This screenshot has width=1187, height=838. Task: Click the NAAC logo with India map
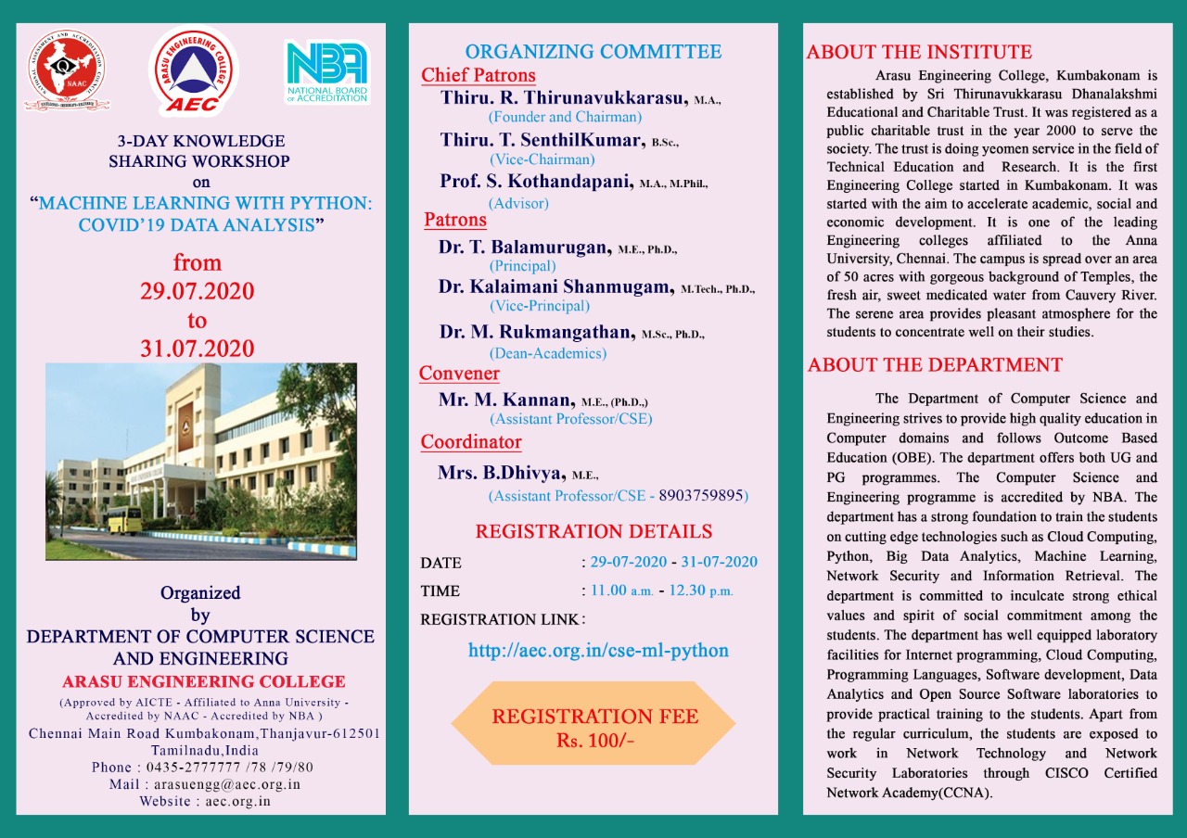pyautogui.click(x=64, y=71)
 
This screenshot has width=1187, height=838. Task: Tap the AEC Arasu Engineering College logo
pyautogui.click(x=194, y=70)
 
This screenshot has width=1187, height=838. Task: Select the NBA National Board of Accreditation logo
pyautogui.click(x=326, y=71)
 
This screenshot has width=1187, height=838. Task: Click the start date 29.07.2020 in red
pyautogui.click(x=198, y=291)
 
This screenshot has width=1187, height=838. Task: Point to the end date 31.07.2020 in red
pyautogui.click(x=198, y=349)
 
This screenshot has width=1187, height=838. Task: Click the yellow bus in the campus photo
pyautogui.click(x=123, y=519)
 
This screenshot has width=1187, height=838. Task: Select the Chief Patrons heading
pyautogui.click(x=479, y=75)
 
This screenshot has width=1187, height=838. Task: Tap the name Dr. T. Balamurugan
pyautogui.click(x=525, y=247)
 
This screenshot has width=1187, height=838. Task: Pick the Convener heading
pyautogui.click(x=459, y=374)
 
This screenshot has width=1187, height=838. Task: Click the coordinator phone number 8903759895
pyautogui.click(x=701, y=496)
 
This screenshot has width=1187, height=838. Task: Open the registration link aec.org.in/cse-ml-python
pyautogui.click(x=598, y=651)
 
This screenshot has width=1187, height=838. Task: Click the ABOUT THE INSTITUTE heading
pyautogui.click(x=919, y=52)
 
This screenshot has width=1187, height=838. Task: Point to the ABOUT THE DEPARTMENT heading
pyautogui.click(x=935, y=365)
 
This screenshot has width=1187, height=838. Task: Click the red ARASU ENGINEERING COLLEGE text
pyautogui.click(x=204, y=682)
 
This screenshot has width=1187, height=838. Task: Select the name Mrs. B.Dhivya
pyautogui.click(x=502, y=473)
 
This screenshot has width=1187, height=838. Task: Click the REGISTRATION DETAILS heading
pyautogui.click(x=593, y=531)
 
